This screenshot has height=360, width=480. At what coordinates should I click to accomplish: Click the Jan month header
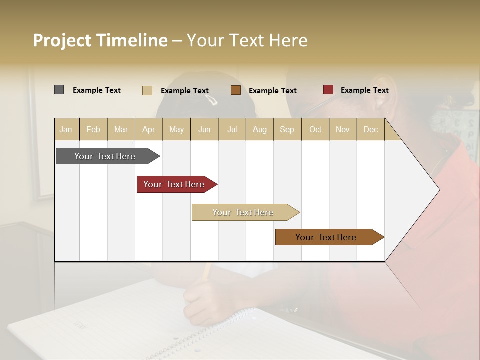click(x=66, y=130)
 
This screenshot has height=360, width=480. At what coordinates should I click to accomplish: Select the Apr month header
click(x=148, y=130)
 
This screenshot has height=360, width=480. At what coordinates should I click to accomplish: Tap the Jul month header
click(x=232, y=130)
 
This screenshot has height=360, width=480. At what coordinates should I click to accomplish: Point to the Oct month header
click(x=315, y=130)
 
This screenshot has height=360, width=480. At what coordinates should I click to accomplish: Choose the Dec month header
click(x=370, y=130)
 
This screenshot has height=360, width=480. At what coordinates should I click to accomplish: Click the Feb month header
click(x=93, y=130)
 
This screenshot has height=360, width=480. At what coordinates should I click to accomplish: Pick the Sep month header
click(x=287, y=130)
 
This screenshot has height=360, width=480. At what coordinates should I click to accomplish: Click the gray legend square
click(x=59, y=90)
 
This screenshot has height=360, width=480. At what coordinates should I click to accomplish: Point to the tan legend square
click(x=147, y=90)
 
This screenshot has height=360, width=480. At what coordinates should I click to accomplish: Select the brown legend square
click(x=236, y=90)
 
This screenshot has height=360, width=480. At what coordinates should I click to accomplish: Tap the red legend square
click(x=328, y=90)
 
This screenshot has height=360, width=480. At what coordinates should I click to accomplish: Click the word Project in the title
click(x=62, y=41)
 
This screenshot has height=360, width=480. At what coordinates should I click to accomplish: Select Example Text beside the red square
click(x=364, y=90)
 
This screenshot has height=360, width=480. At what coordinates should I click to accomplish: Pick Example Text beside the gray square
click(x=97, y=90)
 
